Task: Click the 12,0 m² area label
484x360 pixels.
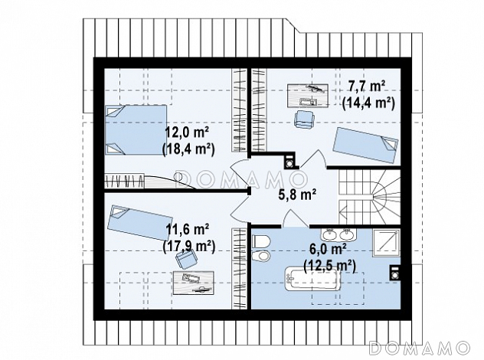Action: coord(187,133)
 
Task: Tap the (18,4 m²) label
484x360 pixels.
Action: coord(188,149)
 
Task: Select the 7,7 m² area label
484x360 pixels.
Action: coord(367,87)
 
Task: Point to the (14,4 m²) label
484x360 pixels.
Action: coord(368,103)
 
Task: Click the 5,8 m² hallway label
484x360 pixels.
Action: coord(297,195)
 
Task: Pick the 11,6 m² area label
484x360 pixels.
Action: coord(188,230)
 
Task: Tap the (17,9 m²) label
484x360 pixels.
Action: coord(188,247)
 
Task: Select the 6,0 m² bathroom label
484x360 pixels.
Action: coord(329,250)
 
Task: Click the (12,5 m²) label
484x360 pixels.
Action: coord(329,266)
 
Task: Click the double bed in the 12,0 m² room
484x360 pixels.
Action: coord(136,129)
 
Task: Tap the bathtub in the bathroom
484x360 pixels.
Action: coord(312,279)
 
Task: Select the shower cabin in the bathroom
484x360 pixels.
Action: coord(386,243)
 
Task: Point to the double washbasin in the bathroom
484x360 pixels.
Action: coord(338,235)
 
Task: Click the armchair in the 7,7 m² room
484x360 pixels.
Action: coord(305,119)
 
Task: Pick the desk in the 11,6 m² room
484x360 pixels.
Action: coord(194,283)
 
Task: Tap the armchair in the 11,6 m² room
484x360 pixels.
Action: coord(186,259)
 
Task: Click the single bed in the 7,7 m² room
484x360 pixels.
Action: coord(365,145)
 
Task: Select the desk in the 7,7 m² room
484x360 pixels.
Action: coord(307,96)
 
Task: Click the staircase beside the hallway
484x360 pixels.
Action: coord(369,197)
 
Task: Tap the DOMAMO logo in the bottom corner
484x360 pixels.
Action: coord(419,348)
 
